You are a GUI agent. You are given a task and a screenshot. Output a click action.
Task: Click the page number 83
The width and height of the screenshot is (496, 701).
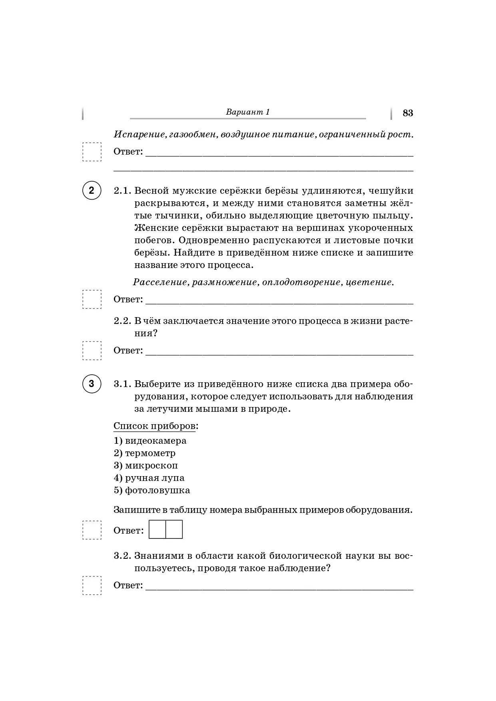[408, 113]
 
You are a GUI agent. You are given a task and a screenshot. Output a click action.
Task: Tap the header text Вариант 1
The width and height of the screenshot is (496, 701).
[248, 112]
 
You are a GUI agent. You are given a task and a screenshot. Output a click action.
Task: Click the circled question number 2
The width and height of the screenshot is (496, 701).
[92, 191]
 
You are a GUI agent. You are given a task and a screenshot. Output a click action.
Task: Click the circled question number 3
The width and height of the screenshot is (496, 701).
[92, 384]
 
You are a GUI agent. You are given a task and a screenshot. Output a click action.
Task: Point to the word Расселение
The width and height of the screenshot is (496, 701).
[160, 282]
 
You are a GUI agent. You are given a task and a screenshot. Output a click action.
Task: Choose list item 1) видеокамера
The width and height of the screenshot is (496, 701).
[150, 441]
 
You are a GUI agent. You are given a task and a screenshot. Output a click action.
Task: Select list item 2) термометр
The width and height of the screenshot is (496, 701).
[145, 453]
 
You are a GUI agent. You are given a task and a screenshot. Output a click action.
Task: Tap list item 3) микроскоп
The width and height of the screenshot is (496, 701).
[146, 466]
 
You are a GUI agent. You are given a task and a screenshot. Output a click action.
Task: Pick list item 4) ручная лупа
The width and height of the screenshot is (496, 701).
[149, 478]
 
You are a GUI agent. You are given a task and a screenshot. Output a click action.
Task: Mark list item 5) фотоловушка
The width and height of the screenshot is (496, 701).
[152, 491]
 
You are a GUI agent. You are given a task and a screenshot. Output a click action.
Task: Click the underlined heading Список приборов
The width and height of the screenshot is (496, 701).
[155, 426]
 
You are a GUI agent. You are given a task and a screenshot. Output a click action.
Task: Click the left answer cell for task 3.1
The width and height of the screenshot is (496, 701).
[157, 530]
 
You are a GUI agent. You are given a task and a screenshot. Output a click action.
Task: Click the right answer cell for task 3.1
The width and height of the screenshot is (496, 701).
[174, 530]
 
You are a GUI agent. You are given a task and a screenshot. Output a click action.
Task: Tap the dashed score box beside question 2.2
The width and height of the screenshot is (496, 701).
[92, 351]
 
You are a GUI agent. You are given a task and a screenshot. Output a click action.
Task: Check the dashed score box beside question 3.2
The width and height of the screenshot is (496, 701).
[92, 586]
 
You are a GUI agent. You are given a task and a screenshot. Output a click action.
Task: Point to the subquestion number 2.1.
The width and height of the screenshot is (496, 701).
[122, 191]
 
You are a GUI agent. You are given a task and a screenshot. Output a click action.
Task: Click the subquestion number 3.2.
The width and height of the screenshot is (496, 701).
[122, 556]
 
